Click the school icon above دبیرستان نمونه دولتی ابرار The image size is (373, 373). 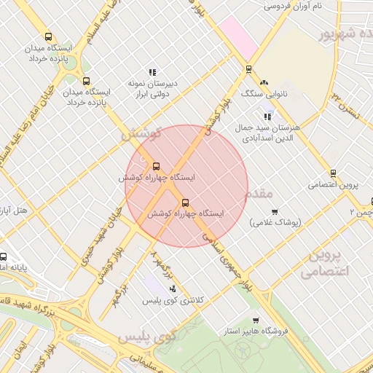click(152, 72)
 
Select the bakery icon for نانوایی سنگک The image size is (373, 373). click(264, 83)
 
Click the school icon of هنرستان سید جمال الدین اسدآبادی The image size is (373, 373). click(267, 116)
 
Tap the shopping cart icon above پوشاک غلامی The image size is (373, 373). click(275, 212)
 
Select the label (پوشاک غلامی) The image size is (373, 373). click(275, 222)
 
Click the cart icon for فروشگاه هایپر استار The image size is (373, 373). click(255, 321)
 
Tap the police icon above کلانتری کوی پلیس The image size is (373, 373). click(172, 289)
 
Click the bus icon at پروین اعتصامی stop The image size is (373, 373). click(333, 173)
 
